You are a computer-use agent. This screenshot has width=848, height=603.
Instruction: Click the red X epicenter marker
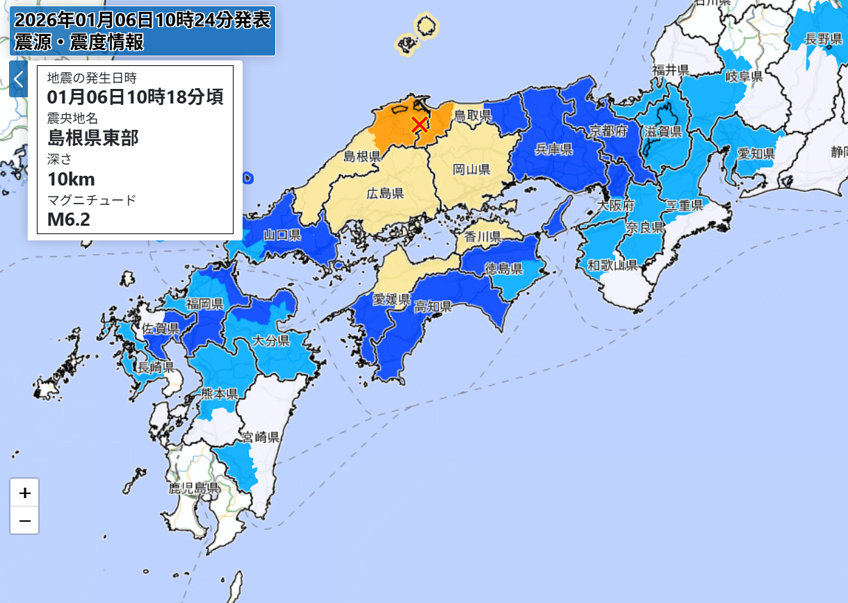tap(419, 124)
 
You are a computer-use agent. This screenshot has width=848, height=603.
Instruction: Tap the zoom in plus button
tap(25, 493)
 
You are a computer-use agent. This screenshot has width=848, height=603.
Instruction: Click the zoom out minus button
tap(25, 520)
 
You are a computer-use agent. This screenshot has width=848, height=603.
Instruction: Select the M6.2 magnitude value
tap(69, 220)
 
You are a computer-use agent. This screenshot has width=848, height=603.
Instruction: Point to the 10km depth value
tap(71, 179)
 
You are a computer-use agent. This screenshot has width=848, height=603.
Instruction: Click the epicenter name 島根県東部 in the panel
tap(94, 138)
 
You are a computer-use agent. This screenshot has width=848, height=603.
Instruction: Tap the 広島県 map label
tap(385, 194)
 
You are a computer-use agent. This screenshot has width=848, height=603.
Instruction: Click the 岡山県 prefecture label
tap(472, 169)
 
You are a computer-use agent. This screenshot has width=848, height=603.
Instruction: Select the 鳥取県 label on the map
tap(473, 115)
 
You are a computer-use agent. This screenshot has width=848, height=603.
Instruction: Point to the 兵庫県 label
tap(553, 149)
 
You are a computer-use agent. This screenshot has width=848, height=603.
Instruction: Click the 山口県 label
tap(282, 235)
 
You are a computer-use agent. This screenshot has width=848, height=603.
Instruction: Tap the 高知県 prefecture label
tap(433, 306)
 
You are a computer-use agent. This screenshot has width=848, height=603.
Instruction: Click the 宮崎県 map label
tap(261, 437)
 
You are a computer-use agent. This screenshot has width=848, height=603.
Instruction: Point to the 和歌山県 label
tap(612, 265)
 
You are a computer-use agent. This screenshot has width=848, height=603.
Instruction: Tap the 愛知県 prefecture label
tap(756, 153)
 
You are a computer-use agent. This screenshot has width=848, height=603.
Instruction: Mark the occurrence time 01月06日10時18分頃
tap(135, 97)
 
